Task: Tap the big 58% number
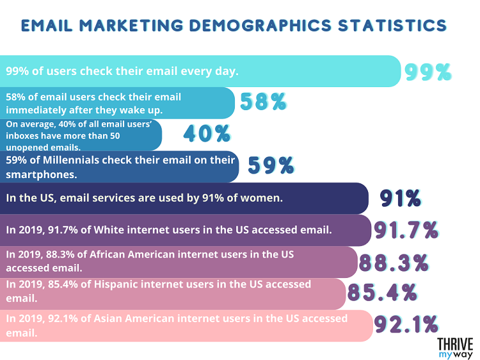click(262, 101)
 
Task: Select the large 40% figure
click(206, 133)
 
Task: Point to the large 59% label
click(271, 165)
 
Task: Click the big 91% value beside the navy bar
click(399, 197)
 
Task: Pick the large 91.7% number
click(406, 229)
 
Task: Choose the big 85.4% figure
click(382, 292)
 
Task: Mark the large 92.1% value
click(406, 324)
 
